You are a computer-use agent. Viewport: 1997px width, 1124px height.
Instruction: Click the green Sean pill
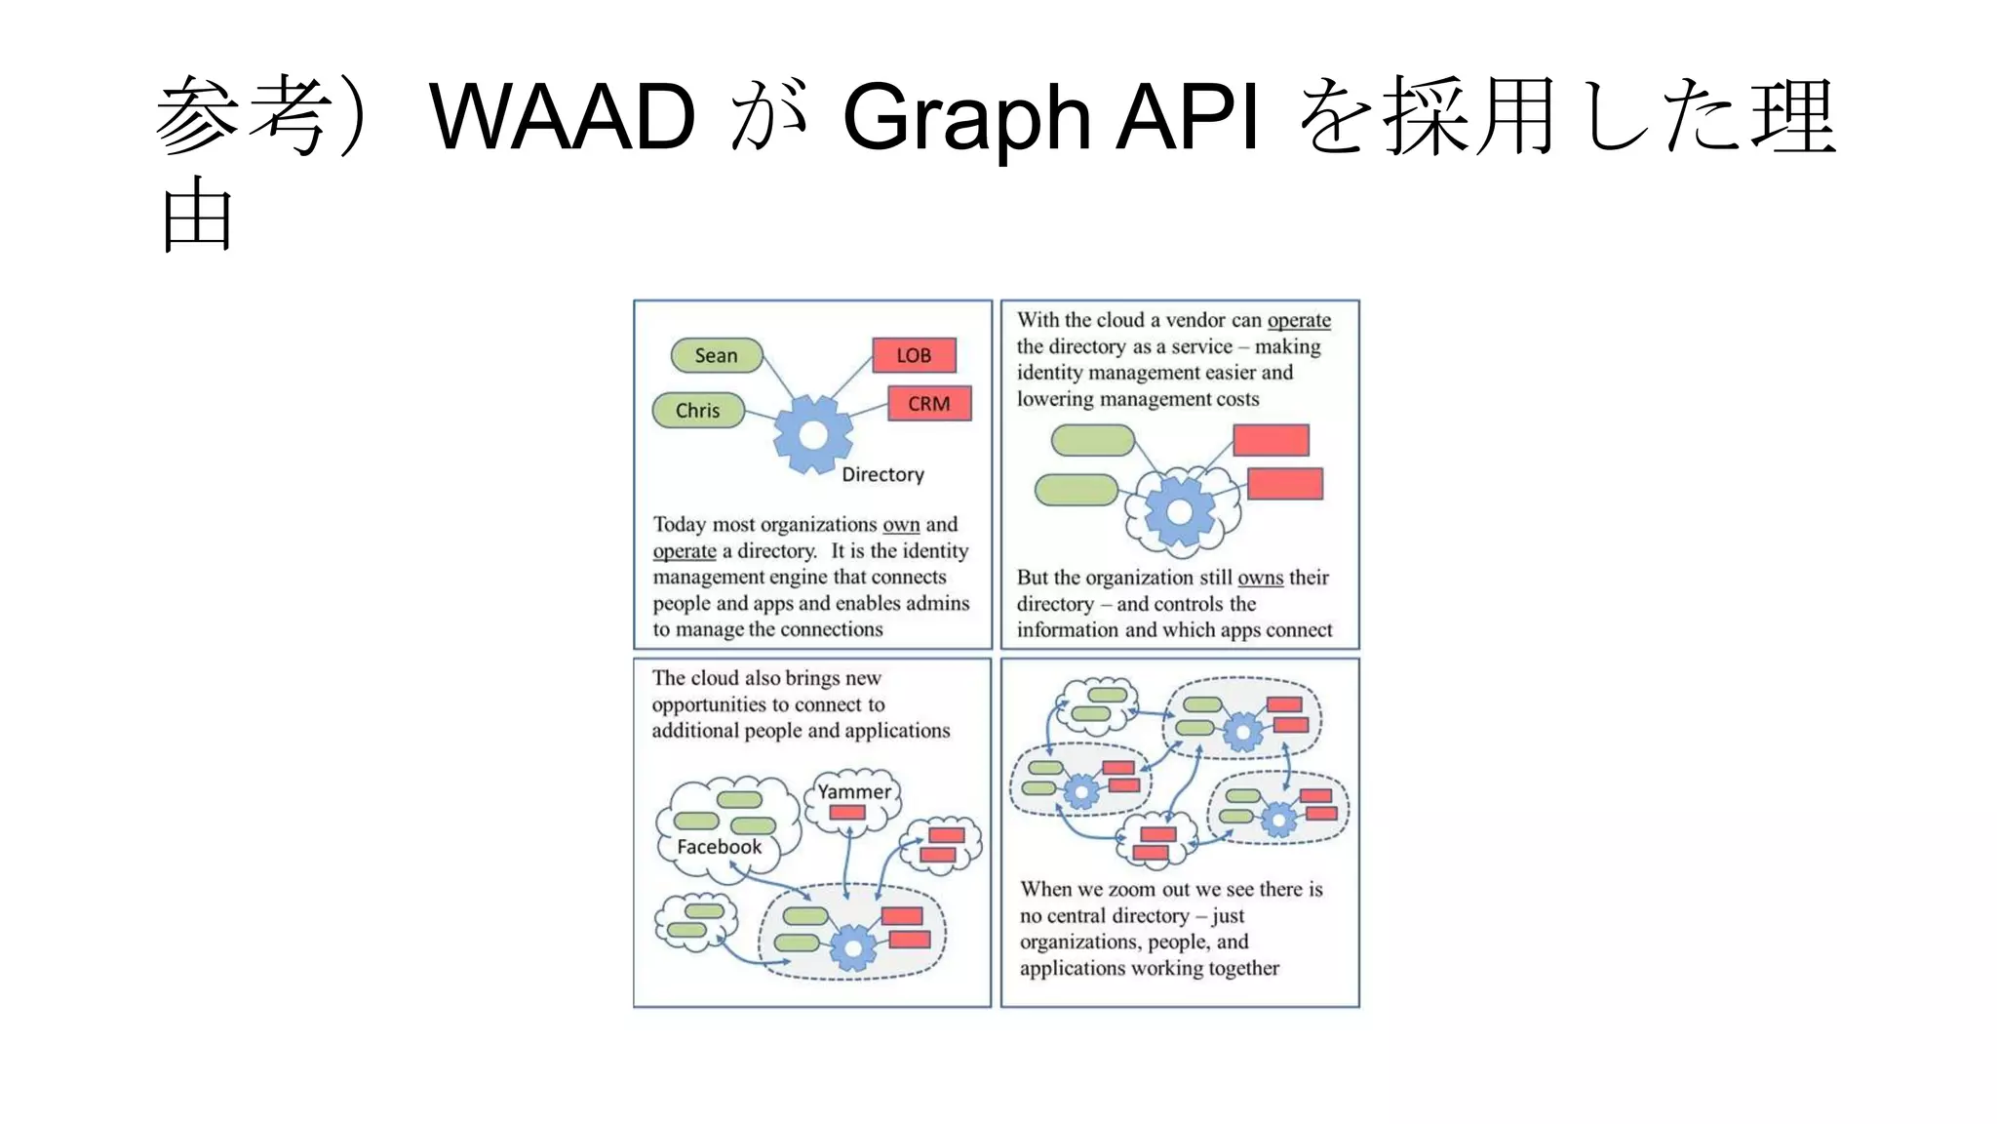coord(717,356)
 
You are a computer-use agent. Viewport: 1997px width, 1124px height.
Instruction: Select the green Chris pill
coord(698,411)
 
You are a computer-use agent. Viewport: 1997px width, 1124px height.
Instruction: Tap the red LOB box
coord(914,356)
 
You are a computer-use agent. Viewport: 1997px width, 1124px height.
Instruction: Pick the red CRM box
coord(929,404)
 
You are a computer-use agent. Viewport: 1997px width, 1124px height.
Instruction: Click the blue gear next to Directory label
coord(812,435)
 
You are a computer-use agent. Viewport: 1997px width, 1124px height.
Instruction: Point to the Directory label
coord(882,475)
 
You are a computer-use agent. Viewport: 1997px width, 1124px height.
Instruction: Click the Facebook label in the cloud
coord(719,847)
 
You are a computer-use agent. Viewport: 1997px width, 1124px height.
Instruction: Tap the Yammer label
coord(854,792)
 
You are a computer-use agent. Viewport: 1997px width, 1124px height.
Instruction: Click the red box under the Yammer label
coord(847,813)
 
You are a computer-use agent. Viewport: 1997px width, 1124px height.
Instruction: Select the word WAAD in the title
coord(563,117)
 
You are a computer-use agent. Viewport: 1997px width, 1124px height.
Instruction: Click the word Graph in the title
coord(965,117)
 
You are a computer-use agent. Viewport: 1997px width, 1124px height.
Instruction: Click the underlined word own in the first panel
coord(901,525)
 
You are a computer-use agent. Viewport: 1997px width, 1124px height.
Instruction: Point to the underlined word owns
coord(1260,578)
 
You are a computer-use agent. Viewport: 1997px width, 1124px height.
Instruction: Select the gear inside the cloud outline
coord(1180,511)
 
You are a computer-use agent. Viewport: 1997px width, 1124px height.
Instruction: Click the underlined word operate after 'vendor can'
coord(1299,320)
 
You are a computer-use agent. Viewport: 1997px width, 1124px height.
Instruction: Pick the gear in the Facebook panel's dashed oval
coord(853,946)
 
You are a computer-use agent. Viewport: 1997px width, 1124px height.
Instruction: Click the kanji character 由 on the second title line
coord(197,217)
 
